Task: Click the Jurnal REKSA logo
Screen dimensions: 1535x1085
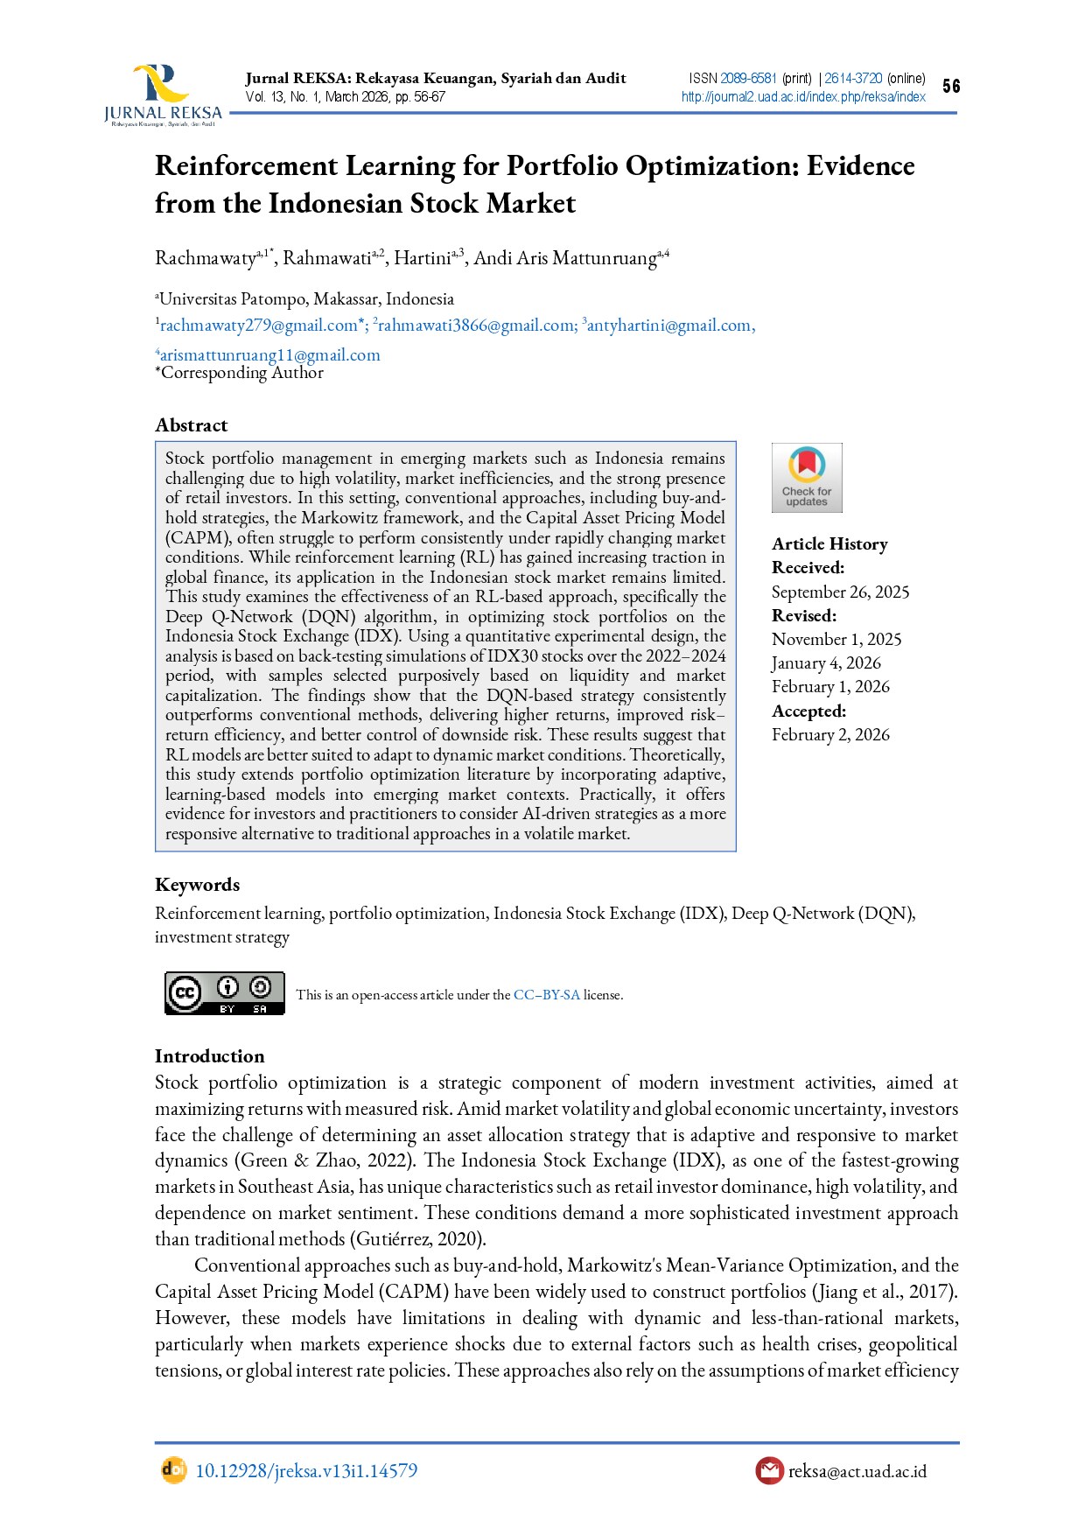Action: pos(163,95)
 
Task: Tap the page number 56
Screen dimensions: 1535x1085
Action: pos(951,86)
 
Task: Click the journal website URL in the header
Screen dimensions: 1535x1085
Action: pos(802,97)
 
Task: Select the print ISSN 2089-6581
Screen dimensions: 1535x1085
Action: pos(748,79)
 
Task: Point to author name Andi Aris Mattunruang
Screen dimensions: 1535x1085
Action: pos(564,258)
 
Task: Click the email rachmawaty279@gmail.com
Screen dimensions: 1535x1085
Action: pos(258,326)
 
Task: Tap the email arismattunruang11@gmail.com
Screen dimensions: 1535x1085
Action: pos(269,355)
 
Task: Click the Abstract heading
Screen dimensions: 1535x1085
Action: pos(191,425)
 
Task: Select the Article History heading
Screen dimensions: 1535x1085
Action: pos(829,544)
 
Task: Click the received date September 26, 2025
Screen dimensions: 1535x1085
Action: pos(840,592)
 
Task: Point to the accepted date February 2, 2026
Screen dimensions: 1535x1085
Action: pos(830,735)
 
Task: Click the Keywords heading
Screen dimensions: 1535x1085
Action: pos(197,885)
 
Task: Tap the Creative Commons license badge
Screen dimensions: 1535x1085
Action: pos(225,993)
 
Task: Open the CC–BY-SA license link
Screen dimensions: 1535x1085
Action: pos(546,995)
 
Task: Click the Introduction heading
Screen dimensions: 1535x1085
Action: pos(209,1056)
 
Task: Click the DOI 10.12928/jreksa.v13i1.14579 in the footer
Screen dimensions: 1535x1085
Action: pos(305,1471)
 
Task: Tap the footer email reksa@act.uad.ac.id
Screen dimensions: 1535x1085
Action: pos(857,1471)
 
